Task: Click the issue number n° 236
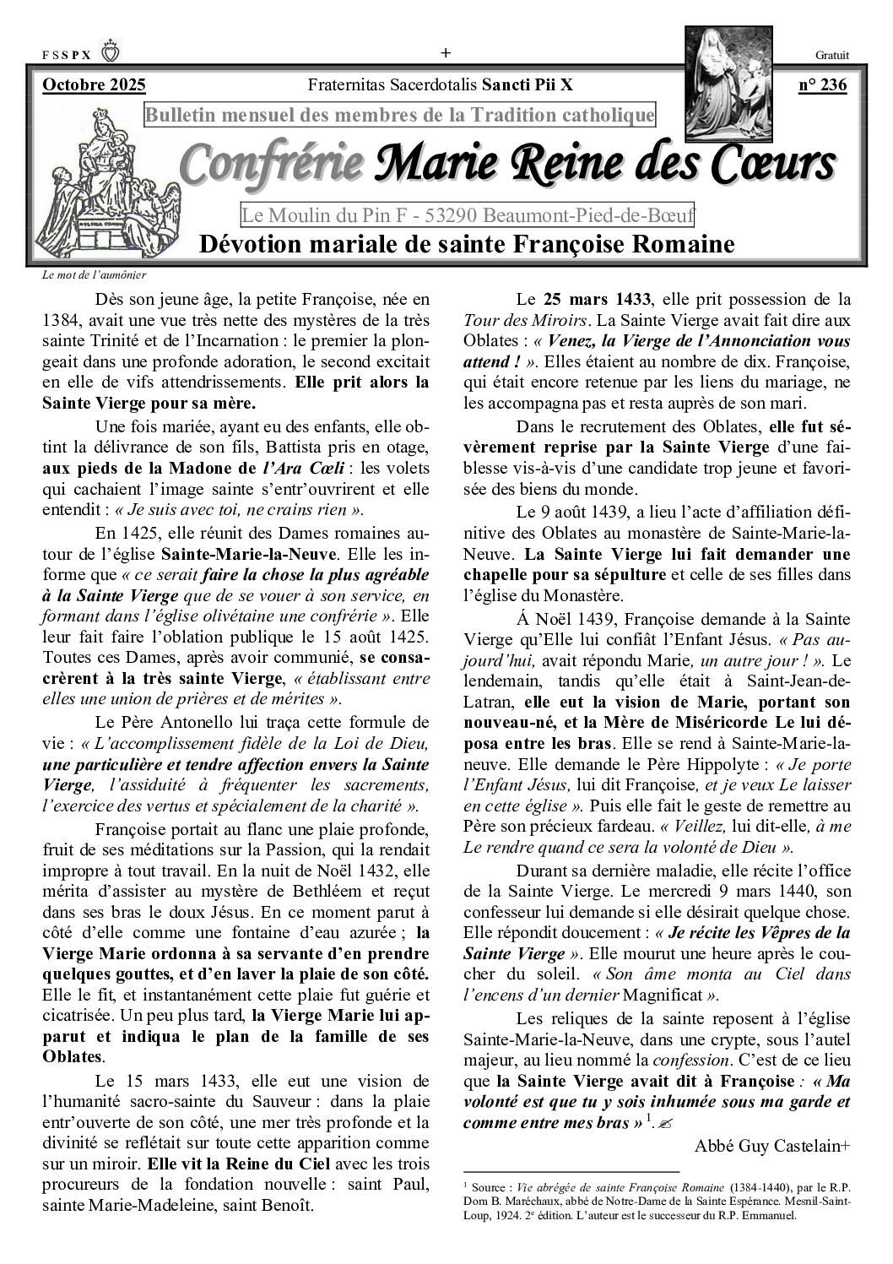click(822, 84)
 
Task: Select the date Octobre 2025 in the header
click(94, 84)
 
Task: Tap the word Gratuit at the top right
click(832, 55)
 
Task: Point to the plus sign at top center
click(446, 53)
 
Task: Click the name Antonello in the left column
click(198, 722)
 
